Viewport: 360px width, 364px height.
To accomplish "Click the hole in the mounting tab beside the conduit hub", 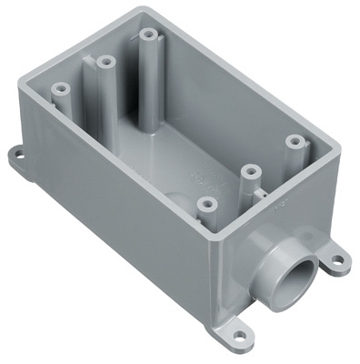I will tap(338, 261).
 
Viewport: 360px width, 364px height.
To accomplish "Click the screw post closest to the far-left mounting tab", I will tap(62, 91).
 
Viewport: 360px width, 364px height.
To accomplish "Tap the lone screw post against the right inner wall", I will tap(294, 143).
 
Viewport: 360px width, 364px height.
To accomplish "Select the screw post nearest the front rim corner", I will tap(208, 205).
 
